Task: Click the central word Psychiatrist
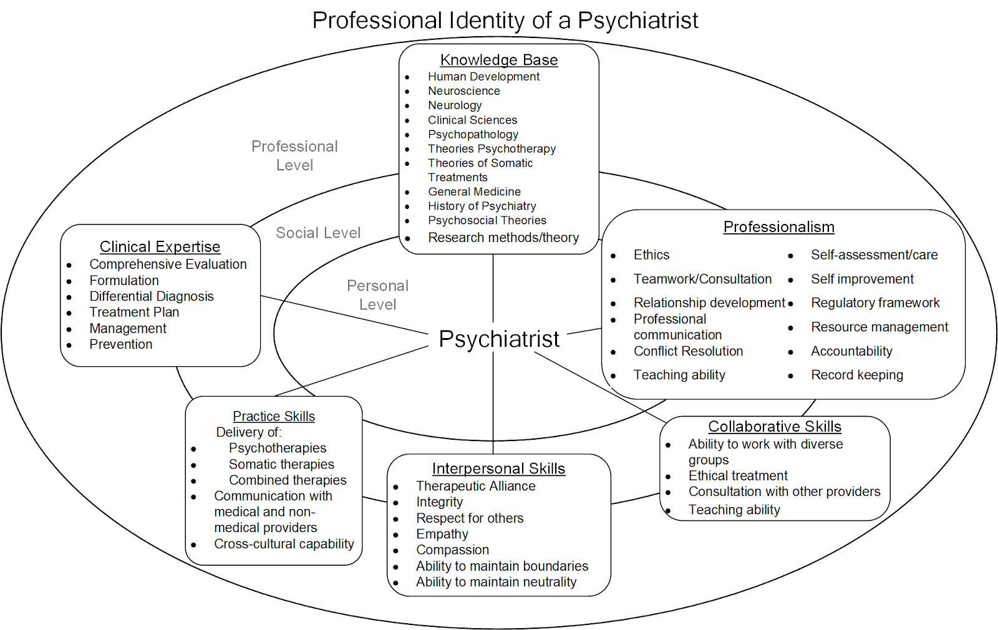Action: [499, 339]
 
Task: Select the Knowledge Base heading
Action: [499, 60]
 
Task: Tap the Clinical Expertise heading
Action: [160, 247]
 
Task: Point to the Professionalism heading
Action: [778, 227]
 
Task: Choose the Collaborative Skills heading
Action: [775, 427]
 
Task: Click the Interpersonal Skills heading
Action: [498, 468]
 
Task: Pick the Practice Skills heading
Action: [274, 416]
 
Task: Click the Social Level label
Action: [318, 233]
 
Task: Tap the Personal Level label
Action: [377, 295]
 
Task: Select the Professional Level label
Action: [294, 156]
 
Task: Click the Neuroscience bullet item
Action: [463, 91]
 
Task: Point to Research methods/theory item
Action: [503, 238]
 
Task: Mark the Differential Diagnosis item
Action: [152, 296]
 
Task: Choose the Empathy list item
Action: [442, 534]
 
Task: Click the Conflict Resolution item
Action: [688, 351]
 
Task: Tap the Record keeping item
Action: [857, 375]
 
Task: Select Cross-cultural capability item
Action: [284, 544]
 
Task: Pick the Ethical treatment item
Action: [738, 476]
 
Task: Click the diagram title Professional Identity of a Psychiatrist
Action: [505, 21]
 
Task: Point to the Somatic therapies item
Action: [281, 464]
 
